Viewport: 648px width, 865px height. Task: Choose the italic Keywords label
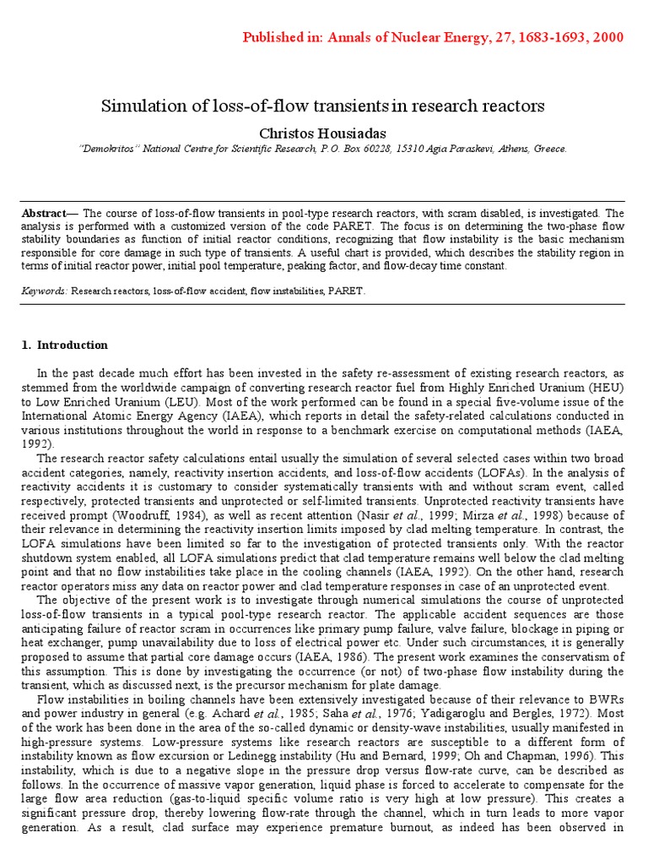click(44, 290)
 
